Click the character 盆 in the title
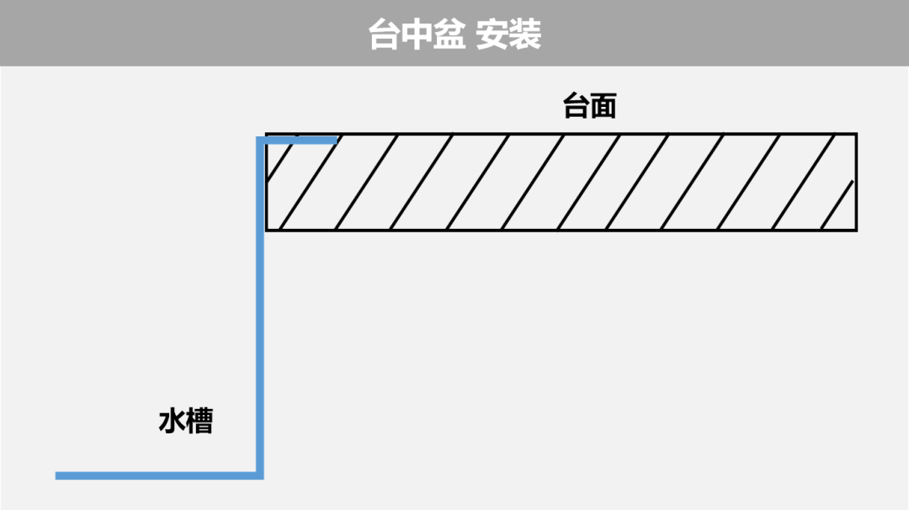tap(449, 35)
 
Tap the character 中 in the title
tap(417, 35)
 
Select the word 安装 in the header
tap(508, 35)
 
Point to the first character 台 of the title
tap(385, 35)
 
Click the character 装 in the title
tap(525, 35)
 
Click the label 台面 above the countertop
tap(589, 107)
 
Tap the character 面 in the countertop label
tap(603, 107)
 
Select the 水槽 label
tap(186, 422)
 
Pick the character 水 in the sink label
tap(173, 422)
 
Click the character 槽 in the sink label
tap(200, 422)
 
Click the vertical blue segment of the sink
tap(260, 307)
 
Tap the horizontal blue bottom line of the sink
tap(159, 475)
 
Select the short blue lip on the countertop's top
tap(297, 141)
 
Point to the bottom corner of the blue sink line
tap(260, 475)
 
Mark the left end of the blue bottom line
tap(56, 475)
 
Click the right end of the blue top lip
tap(337, 141)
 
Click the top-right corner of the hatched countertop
tap(856, 134)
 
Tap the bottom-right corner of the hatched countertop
tap(856, 230)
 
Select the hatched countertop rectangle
tap(561, 182)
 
